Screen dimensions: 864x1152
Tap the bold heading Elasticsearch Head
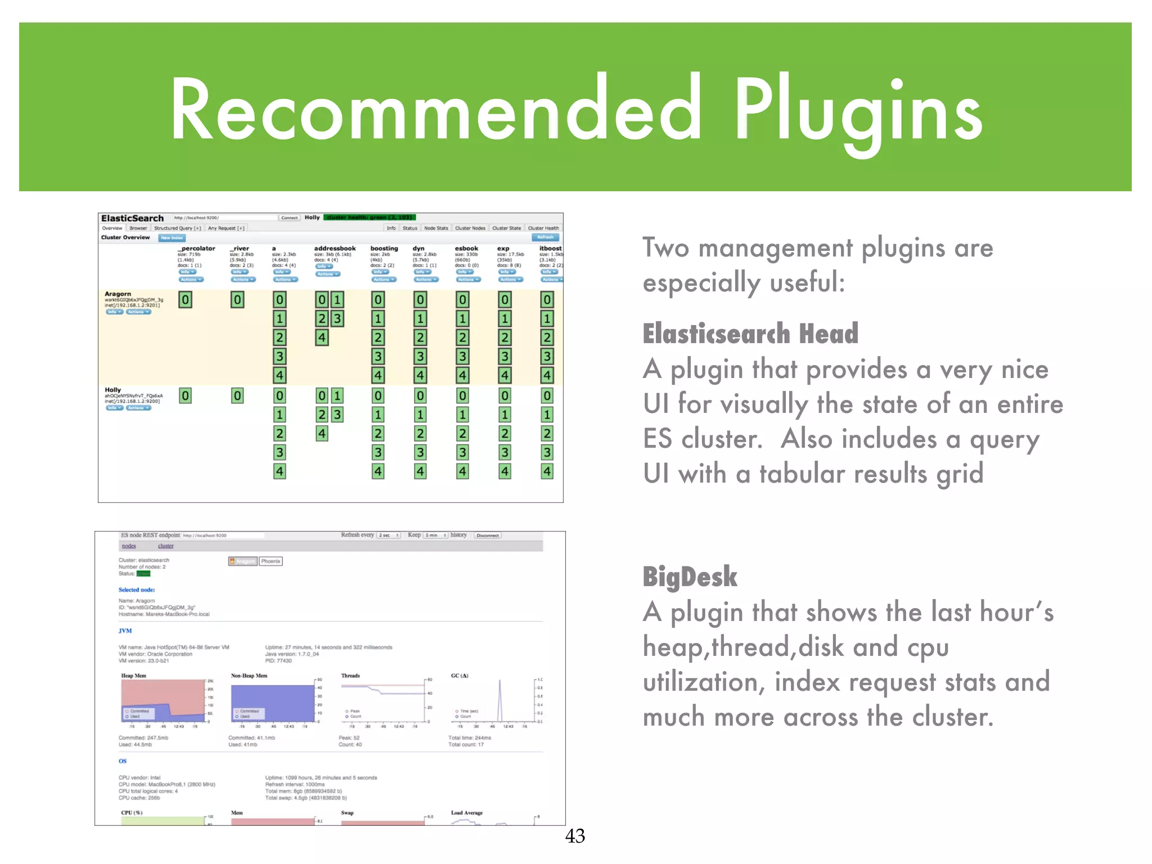(750, 334)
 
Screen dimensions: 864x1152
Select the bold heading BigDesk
(690, 577)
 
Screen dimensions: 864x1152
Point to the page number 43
(575, 836)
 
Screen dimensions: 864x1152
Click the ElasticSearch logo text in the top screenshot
(132, 218)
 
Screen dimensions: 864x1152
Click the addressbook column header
(335, 248)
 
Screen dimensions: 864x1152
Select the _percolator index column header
(196, 248)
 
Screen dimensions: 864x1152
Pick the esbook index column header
(466, 248)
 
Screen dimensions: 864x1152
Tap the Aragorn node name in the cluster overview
(118, 294)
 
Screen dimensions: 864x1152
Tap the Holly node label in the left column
(112, 390)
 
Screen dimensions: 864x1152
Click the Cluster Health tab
(543, 228)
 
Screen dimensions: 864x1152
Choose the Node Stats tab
(436, 228)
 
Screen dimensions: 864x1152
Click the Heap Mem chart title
(133, 676)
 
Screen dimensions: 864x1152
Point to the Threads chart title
(350, 676)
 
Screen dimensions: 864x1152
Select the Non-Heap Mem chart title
(249, 676)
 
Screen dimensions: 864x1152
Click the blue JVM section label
(125, 631)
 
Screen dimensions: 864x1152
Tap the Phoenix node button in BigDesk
(271, 561)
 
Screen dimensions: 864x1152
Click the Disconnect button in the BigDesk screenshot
(488, 535)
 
